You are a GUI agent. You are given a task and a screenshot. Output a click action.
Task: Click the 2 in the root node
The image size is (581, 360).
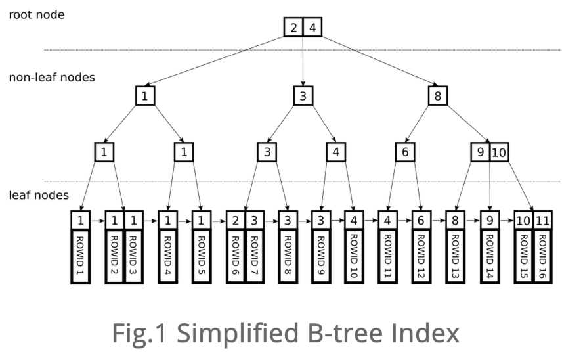tap(293, 27)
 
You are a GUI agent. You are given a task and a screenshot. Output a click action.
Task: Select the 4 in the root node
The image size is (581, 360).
tap(312, 27)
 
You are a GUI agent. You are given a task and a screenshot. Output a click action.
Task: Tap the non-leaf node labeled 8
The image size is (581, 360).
tap(438, 96)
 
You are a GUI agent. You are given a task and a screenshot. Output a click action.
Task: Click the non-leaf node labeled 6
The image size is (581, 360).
tap(405, 152)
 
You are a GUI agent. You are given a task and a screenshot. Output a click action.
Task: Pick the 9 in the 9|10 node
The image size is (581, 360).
tap(480, 152)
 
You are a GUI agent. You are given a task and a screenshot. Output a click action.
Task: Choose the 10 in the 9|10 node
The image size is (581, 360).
tap(500, 152)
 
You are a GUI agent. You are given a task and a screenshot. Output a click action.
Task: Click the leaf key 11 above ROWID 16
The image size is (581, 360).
tap(542, 221)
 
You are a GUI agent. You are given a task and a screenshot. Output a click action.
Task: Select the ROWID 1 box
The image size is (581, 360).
tap(80, 257)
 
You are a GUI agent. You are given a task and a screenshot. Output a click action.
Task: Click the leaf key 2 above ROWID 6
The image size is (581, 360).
tap(235, 221)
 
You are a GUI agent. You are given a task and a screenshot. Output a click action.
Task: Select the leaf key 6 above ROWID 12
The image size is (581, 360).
tap(421, 221)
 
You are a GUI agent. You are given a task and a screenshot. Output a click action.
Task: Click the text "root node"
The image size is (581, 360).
tap(37, 15)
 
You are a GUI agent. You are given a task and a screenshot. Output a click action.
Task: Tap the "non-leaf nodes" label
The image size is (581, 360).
tap(52, 77)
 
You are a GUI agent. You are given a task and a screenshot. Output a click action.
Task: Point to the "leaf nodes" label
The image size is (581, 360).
tap(39, 195)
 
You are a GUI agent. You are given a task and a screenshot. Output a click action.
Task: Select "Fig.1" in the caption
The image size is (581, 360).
tap(140, 334)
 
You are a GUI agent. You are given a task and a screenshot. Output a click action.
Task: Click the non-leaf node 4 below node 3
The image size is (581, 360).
tap(335, 152)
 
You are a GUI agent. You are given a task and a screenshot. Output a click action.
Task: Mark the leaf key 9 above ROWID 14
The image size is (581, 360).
tap(490, 221)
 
